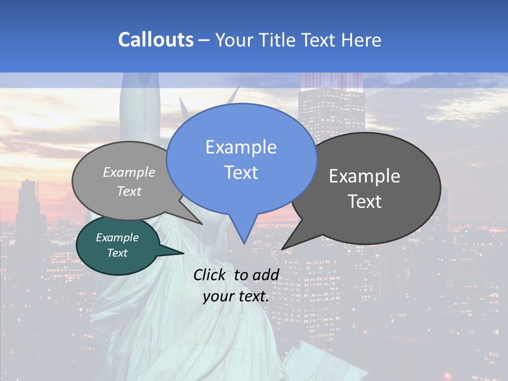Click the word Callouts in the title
click(156, 40)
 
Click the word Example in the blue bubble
click(241, 147)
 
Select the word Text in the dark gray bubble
click(365, 202)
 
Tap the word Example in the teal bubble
click(117, 238)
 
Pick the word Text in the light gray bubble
click(129, 191)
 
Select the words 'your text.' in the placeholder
click(236, 296)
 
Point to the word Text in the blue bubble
click(241, 173)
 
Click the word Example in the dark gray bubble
click(365, 176)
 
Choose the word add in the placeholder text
click(265, 275)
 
